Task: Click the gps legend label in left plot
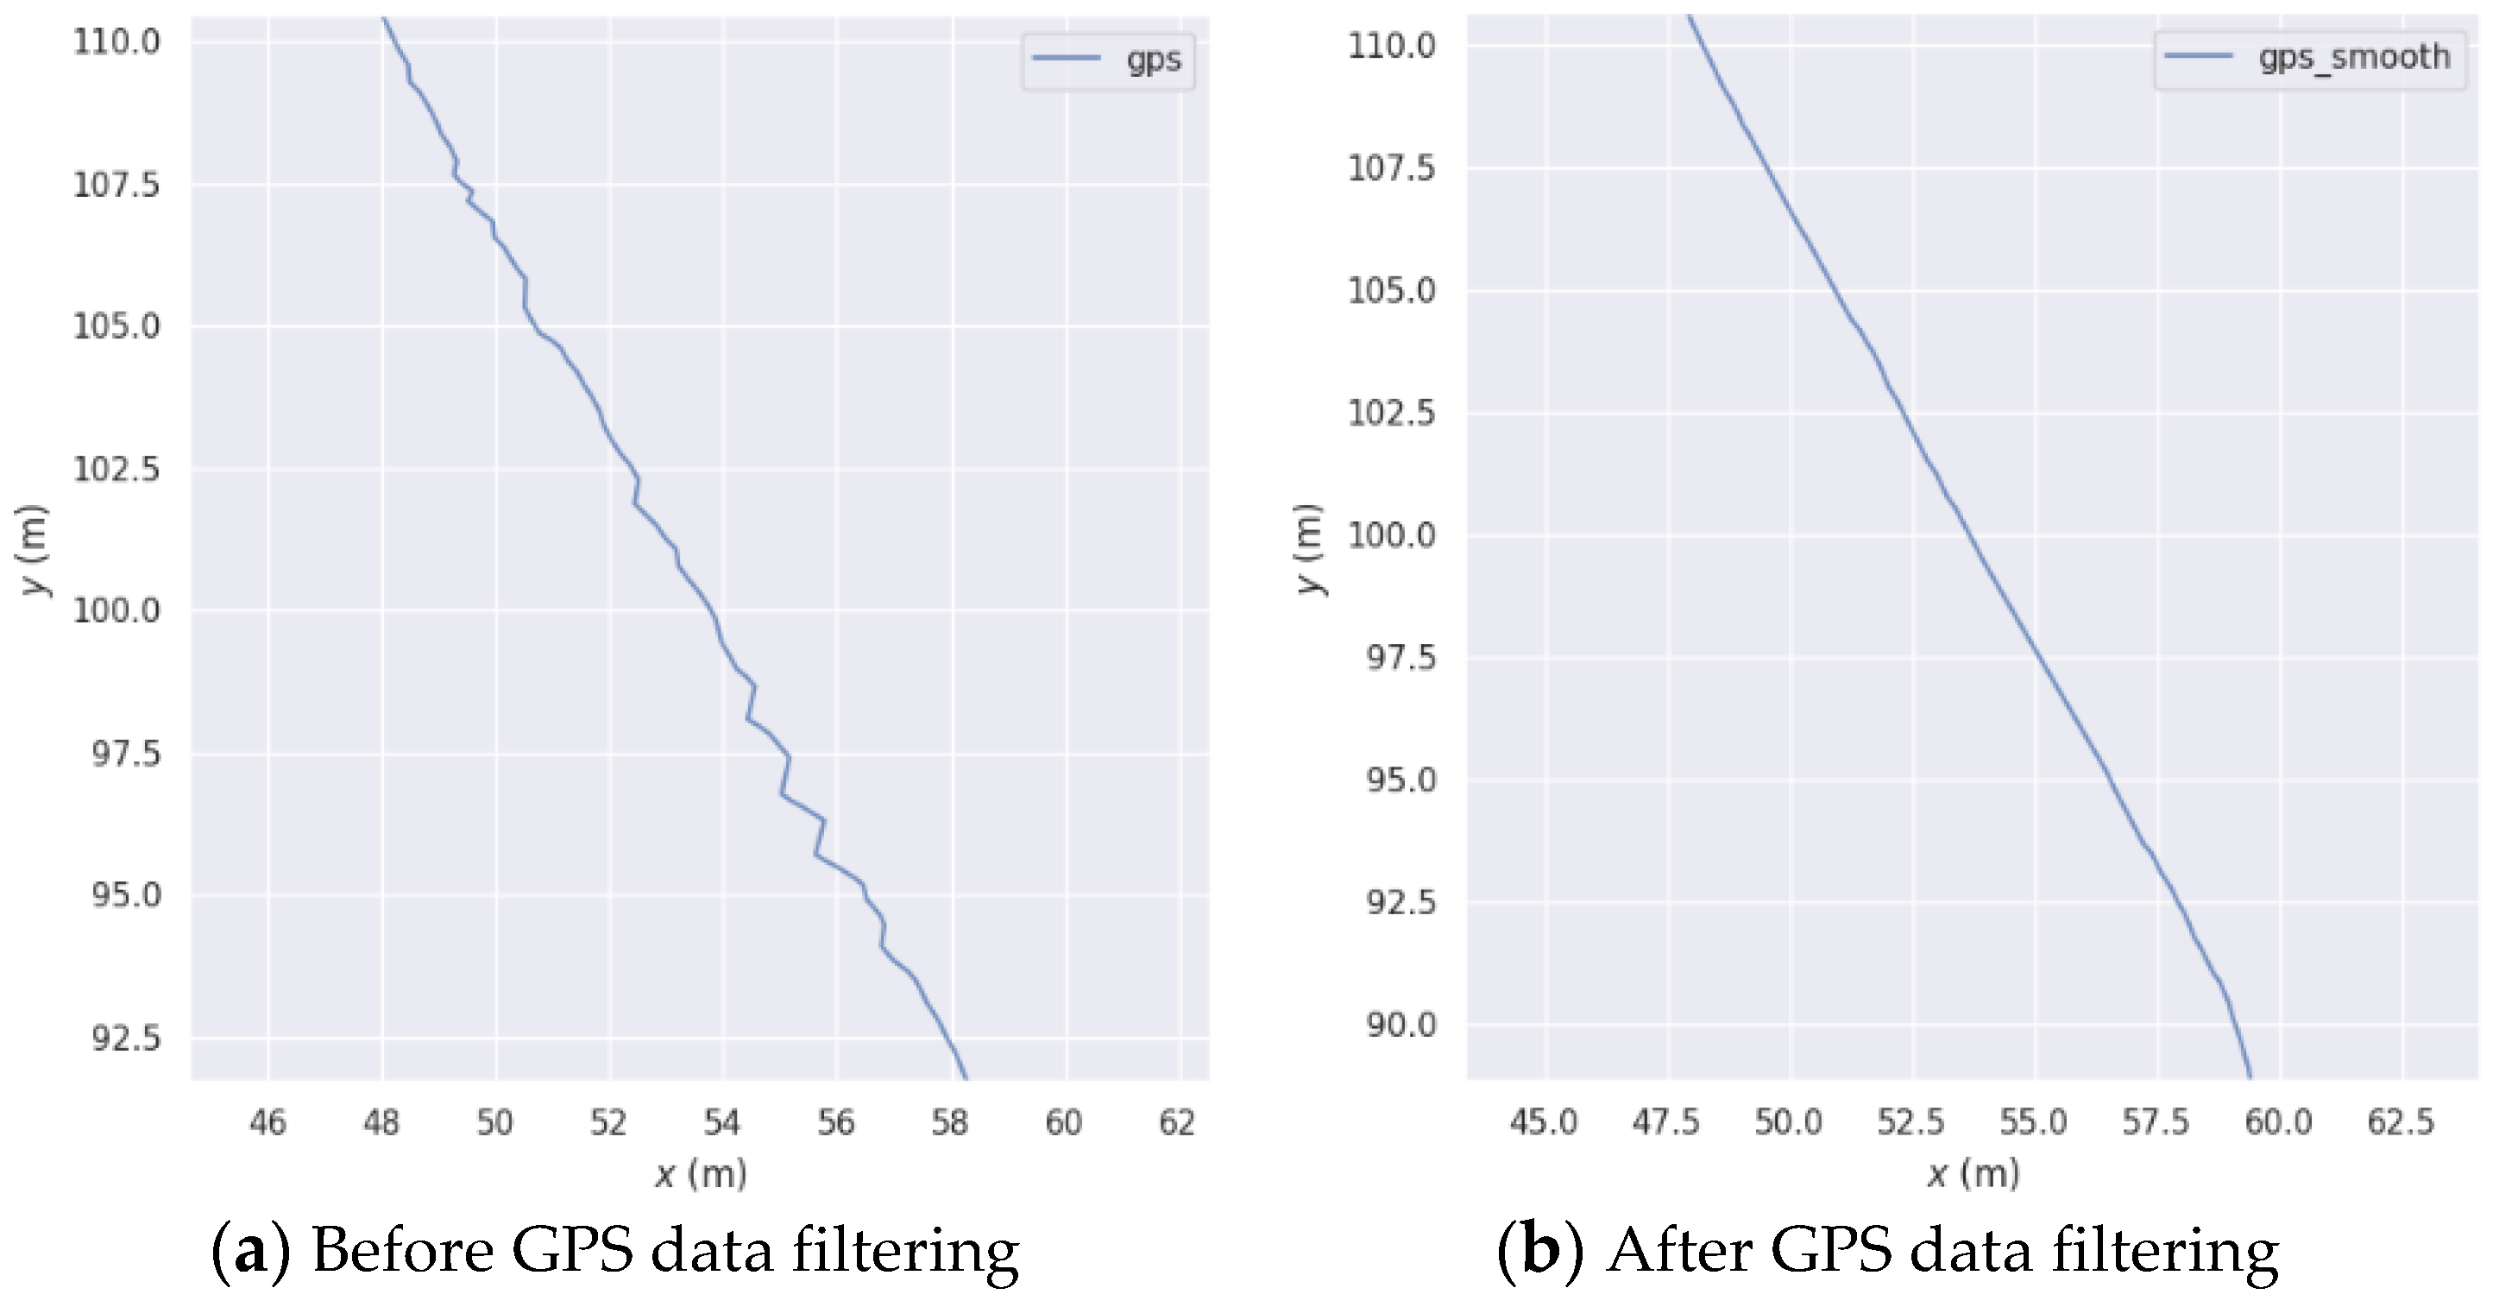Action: coord(1154,61)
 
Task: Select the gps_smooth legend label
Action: coord(2354,58)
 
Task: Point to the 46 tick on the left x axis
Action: coord(268,1122)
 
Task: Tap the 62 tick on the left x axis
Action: coord(1178,1122)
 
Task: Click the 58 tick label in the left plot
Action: coord(951,1122)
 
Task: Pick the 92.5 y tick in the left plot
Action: coord(126,1039)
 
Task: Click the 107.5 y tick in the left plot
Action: coord(116,183)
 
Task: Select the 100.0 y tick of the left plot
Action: coord(116,610)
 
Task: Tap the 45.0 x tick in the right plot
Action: coord(1544,1122)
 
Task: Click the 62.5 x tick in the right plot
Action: coord(2401,1122)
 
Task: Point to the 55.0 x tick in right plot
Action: coord(2033,1122)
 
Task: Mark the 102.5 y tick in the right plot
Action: coord(1392,414)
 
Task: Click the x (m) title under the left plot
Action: coord(701,1175)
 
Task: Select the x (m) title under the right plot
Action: coord(1973,1175)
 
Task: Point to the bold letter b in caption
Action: coord(1540,1253)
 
